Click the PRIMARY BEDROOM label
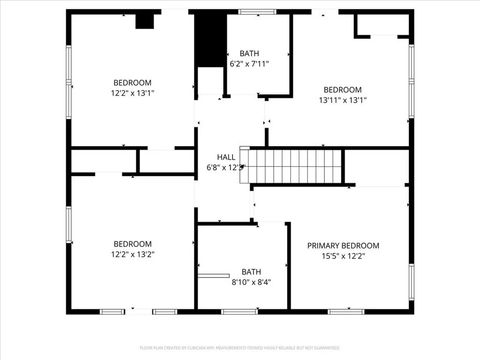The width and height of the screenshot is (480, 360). (343, 245)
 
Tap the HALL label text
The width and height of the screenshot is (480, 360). (227, 157)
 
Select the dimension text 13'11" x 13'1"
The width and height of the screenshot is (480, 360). (342, 100)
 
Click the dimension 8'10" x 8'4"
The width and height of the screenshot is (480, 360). (250, 282)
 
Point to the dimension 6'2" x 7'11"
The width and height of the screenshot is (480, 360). (250, 64)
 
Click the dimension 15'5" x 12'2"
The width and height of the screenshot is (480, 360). (343, 256)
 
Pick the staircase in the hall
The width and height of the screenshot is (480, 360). (295, 166)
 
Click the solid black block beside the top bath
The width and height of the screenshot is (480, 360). (209, 39)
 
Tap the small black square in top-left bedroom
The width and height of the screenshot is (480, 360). (144, 19)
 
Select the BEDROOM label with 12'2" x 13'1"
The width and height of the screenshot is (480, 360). (132, 82)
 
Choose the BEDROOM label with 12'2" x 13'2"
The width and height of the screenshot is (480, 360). (132, 244)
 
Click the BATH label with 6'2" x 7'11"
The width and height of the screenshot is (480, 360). (250, 53)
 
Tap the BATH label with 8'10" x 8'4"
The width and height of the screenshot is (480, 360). (250, 271)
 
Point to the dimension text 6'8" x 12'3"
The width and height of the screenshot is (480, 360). (226, 168)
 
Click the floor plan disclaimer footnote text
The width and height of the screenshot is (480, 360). (240, 347)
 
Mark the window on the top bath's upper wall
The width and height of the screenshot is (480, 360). (257, 12)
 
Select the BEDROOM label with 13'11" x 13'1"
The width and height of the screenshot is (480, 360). (342, 89)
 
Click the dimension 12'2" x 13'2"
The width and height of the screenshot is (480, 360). (132, 255)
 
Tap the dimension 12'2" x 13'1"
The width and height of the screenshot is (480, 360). (132, 93)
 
